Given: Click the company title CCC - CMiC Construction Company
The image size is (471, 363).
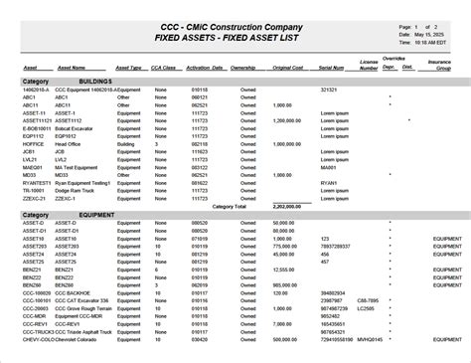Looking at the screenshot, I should (x=235, y=26).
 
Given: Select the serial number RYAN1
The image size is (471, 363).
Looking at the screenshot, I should (x=330, y=183).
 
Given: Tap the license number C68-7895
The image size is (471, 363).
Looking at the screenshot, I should (x=368, y=300).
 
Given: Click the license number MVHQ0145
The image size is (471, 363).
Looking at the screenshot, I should (x=370, y=338).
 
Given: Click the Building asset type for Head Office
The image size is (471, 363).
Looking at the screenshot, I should (x=124, y=143).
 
